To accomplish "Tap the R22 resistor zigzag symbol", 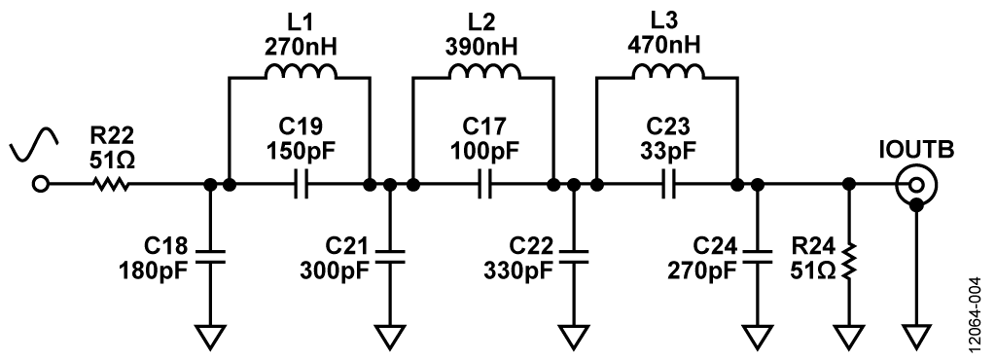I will [x=109, y=184].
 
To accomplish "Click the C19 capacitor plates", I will [x=300, y=184].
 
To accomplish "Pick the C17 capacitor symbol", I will [x=484, y=184].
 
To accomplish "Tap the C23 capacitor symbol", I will [x=668, y=184].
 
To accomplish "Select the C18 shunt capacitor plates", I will [x=210, y=256].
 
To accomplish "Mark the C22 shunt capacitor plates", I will [x=574, y=256].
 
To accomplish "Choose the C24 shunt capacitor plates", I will [x=757, y=256].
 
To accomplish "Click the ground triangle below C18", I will [x=210, y=337].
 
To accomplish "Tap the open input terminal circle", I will [x=41, y=184].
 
